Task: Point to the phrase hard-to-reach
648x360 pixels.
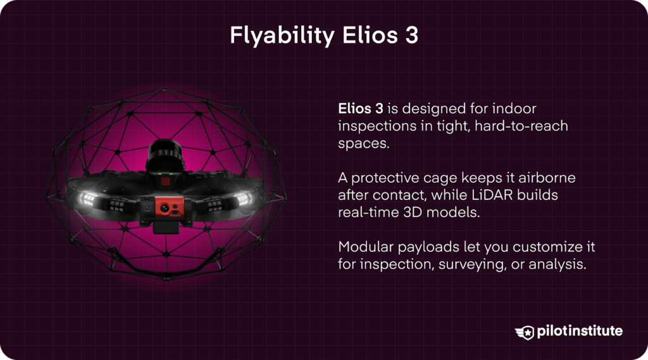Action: [x=523, y=126]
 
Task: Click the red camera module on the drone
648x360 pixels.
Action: [x=163, y=207]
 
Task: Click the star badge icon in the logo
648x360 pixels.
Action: [x=525, y=332]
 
